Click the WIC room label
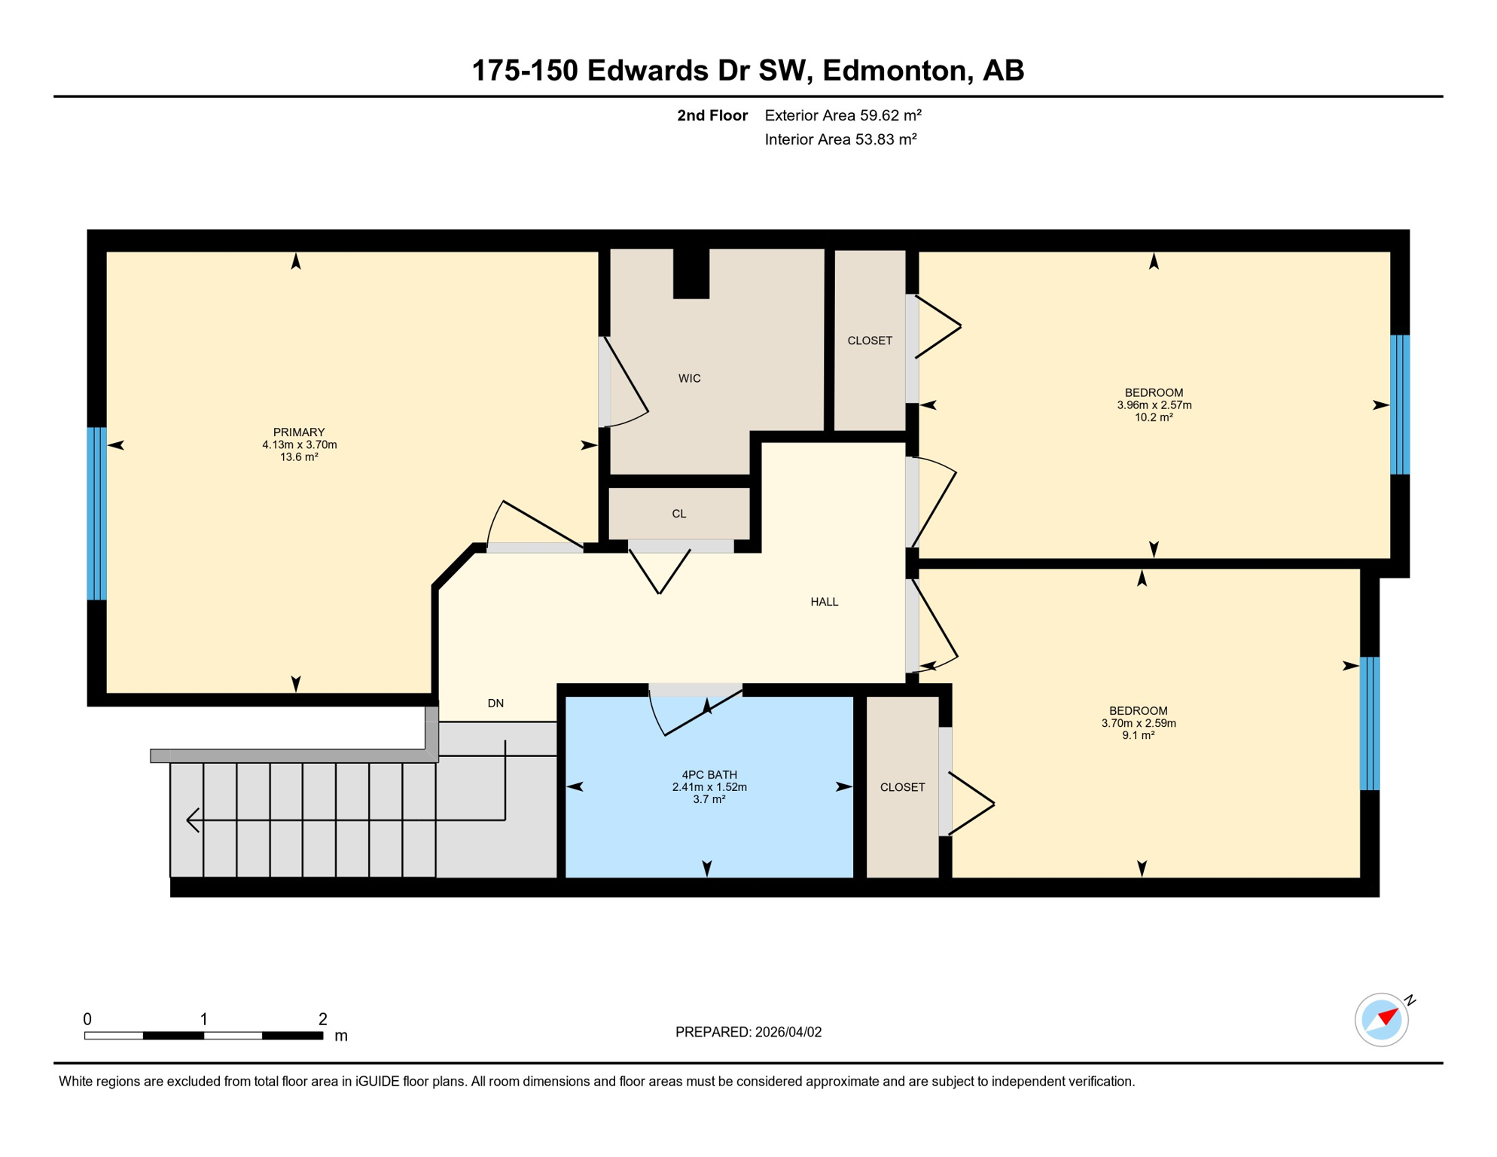point(689,378)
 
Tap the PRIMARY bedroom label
point(299,432)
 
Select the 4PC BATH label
point(709,774)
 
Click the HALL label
point(824,602)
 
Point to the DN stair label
point(495,704)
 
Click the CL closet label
point(678,514)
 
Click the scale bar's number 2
point(322,1019)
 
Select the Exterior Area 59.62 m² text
point(843,115)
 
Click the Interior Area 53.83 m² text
point(840,139)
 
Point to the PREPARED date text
point(748,1032)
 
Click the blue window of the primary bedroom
point(96,514)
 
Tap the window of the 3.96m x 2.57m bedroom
point(1399,404)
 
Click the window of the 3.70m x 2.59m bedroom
point(1369,723)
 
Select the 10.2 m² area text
point(1154,417)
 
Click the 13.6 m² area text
point(299,457)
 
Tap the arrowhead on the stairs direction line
point(193,820)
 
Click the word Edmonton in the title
point(894,71)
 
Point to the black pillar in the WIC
point(691,274)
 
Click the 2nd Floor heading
point(712,115)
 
